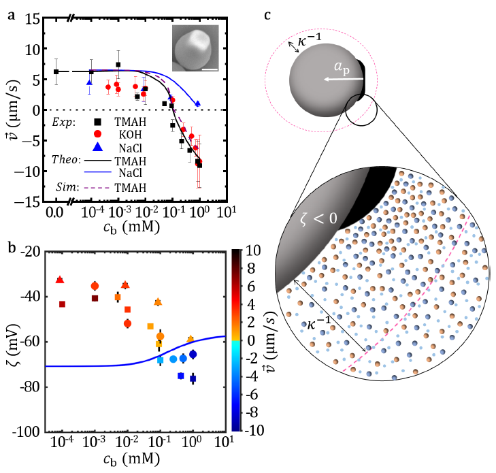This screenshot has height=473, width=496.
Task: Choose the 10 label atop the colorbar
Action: coord(251,251)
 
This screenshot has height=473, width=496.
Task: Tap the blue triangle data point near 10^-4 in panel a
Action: coord(89,82)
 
